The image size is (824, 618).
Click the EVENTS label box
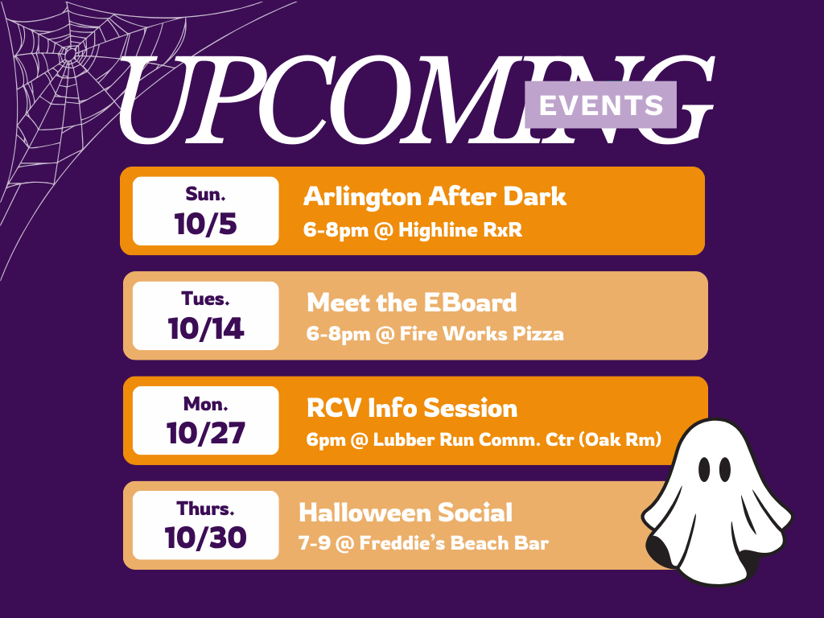tap(600, 105)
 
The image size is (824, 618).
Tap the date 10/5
tap(205, 224)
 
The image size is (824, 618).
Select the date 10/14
tap(205, 328)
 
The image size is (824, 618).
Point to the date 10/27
tap(205, 433)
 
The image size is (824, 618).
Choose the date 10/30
tap(205, 538)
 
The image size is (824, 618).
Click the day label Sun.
tap(205, 195)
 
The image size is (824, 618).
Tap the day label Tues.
tap(205, 299)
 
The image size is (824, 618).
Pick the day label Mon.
tap(205, 404)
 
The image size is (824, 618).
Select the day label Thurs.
tap(205, 509)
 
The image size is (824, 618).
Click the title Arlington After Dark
tap(435, 196)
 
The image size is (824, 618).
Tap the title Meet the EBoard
tap(411, 303)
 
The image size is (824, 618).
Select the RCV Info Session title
tap(412, 408)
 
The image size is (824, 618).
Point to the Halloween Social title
tap(406, 513)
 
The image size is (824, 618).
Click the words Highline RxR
tap(460, 229)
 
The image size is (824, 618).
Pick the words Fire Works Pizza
tap(482, 334)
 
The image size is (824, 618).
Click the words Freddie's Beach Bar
tap(454, 543)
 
